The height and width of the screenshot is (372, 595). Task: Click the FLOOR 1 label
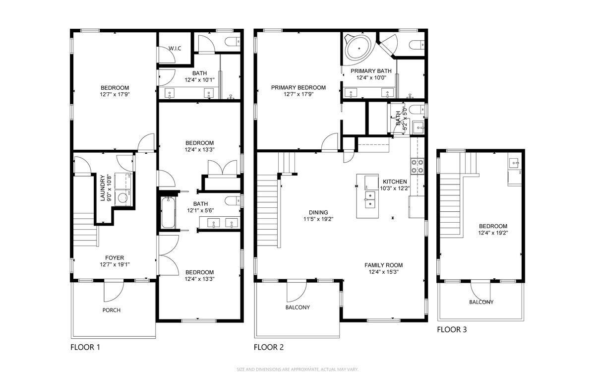[85, 347]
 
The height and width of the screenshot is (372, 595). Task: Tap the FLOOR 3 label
[451, 329]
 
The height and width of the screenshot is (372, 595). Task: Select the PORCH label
[112, 310]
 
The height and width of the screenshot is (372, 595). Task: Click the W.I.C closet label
[174, 48]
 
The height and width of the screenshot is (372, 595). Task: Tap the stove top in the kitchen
[417, 166]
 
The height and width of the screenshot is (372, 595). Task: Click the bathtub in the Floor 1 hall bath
[167, 212]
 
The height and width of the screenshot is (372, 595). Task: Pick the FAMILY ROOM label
[384, 265]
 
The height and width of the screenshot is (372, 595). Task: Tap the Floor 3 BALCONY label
[481, 302]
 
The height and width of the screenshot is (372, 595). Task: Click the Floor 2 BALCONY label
[297, 307]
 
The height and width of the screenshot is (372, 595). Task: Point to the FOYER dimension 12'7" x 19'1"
[114, 264]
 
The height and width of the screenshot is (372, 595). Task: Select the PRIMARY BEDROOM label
[298, 88]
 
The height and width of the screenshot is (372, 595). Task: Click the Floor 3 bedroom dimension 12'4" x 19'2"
[493, 233]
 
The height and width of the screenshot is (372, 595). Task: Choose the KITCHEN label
[394, 182]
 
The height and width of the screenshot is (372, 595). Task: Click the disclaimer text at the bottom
[297, 369]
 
